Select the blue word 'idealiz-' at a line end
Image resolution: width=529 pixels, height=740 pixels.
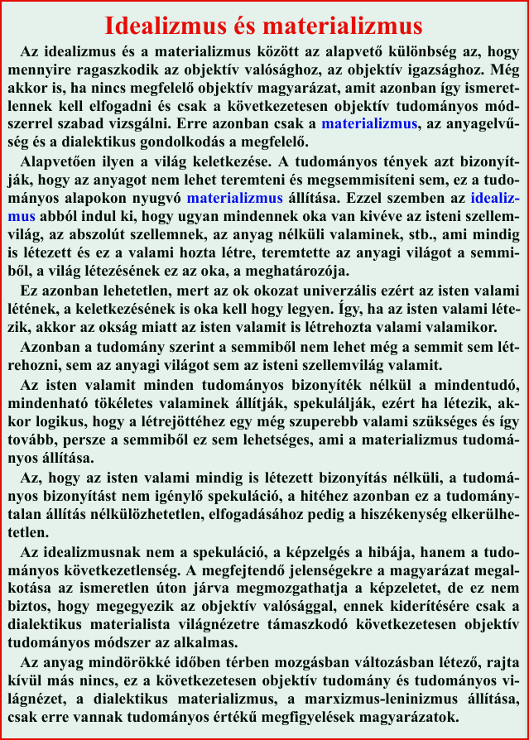(495, 199)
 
